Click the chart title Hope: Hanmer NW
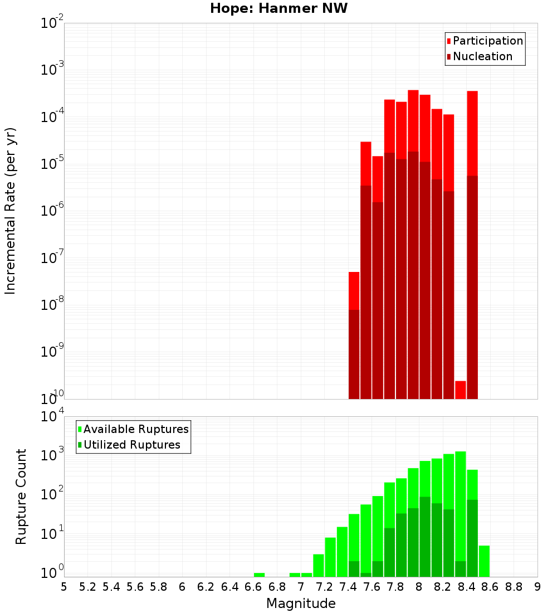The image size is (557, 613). (x=278, y=9)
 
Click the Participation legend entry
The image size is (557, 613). (x=487, y=41)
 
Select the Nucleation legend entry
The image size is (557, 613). (x=482, y=56)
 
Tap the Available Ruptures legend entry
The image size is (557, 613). (x=135, y=429)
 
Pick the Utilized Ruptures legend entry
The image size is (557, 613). (x=131, y=445)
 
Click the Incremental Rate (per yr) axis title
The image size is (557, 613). (x=11, y=211)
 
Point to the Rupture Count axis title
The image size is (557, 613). (x=21, y=497)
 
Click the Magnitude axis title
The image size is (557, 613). (x=301, y=604)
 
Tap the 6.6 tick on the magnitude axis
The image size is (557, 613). (x=253, y=587)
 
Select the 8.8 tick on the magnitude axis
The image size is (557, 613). (x=514, y=587)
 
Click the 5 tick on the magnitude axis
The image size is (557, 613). (x=64, y=587)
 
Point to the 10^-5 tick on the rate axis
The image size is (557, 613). (x=53, y=164)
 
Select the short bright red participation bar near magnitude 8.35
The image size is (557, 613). (x=460, y=390)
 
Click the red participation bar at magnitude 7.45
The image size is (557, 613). (x=354, y=290)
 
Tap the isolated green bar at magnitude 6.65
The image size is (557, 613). (x=259, y=575)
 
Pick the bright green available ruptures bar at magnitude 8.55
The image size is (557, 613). (x=484, y=561)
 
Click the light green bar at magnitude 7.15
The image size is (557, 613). (x=318, y=565)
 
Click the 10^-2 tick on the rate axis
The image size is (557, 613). (x=53, y=23)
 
